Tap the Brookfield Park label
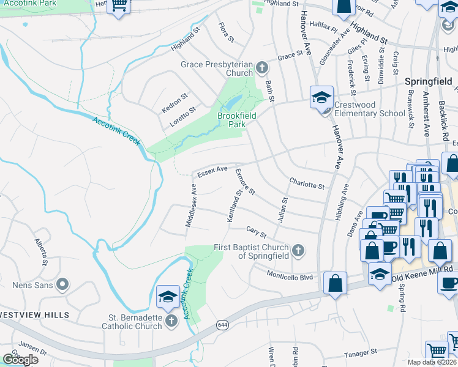coord(236,119)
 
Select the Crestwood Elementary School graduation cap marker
coord(321,97)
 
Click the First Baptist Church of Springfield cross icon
coord(298,250)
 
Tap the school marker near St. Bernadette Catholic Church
coord(168,297)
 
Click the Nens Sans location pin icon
coord(62,284)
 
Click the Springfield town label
coord(428,81)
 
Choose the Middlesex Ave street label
coord(191,206)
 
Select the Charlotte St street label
coord(306,183)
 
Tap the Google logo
coord(20,360)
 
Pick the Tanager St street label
coord(360,353)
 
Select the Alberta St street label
coord(41,251)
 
